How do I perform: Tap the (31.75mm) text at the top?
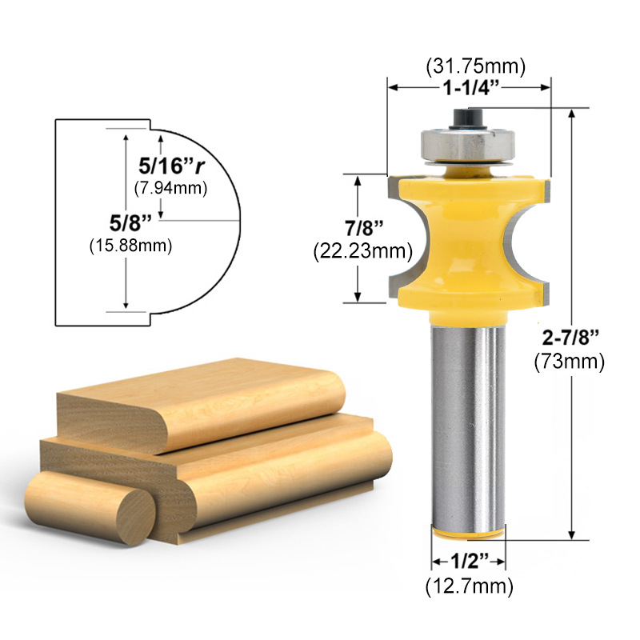469,65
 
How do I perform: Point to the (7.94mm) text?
170,188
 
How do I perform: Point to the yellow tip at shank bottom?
468,532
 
